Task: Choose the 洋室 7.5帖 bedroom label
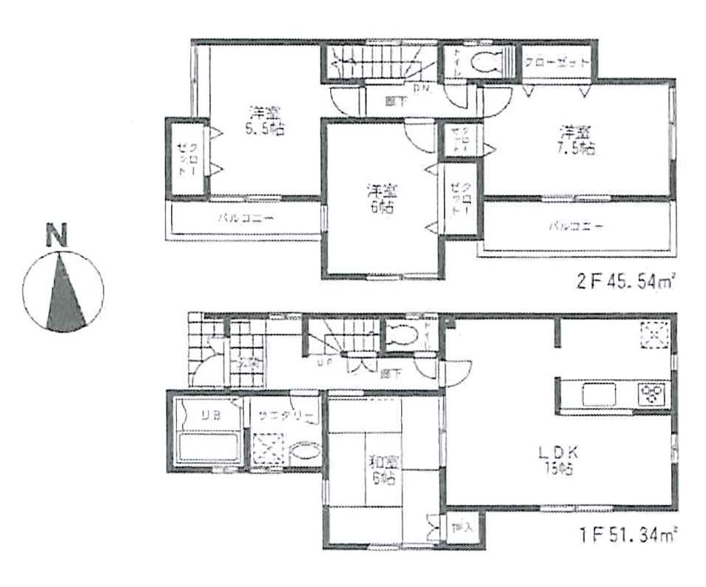pyautogui.click(x=576, y=140)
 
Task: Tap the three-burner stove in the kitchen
pyautogui.click(x=653, y=392)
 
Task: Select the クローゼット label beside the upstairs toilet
pyautogui.click(x=557, y=62)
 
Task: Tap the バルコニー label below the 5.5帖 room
pyautogui.click(x=246, y=219)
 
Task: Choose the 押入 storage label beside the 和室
pyautogui.click(x=457, y=528)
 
